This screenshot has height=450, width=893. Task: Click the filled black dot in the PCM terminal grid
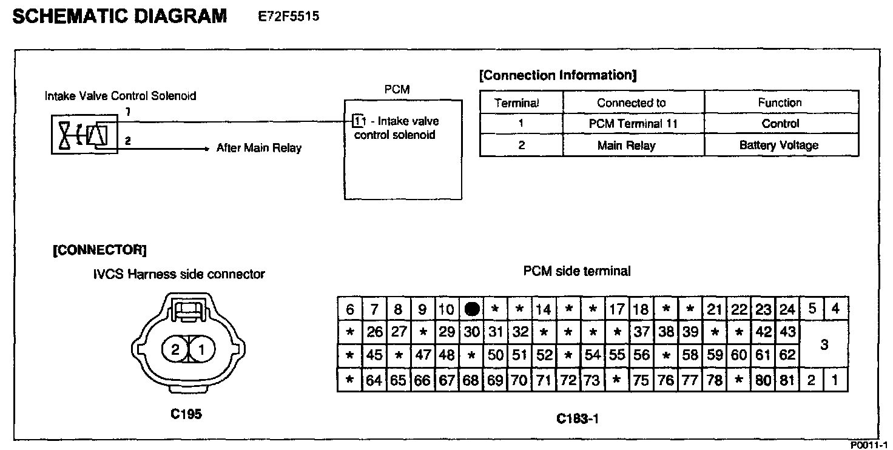tap(471, 309)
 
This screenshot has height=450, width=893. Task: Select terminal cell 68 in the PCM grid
tap(471, 381)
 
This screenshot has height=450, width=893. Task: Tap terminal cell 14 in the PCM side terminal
tap(544, 309)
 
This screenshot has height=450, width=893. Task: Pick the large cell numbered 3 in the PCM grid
tap(824, 344)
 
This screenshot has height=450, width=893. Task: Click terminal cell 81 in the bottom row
tap(787, 381)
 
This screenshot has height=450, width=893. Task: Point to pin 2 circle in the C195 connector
tap(175, 349)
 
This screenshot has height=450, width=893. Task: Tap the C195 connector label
tap(186, 415)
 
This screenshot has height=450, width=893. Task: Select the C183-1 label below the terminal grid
tap(578, 418)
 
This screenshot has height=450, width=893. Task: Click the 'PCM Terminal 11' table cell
tap(633, 124)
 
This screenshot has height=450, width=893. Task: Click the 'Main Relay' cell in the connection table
tap(635, 146)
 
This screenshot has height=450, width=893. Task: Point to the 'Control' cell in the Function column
tap(780, 124)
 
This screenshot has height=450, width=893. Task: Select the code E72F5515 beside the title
tap(289, 16)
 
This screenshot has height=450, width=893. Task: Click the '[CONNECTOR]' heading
tap(99, 250)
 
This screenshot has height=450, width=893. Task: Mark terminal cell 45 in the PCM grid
tap(374, 356)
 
